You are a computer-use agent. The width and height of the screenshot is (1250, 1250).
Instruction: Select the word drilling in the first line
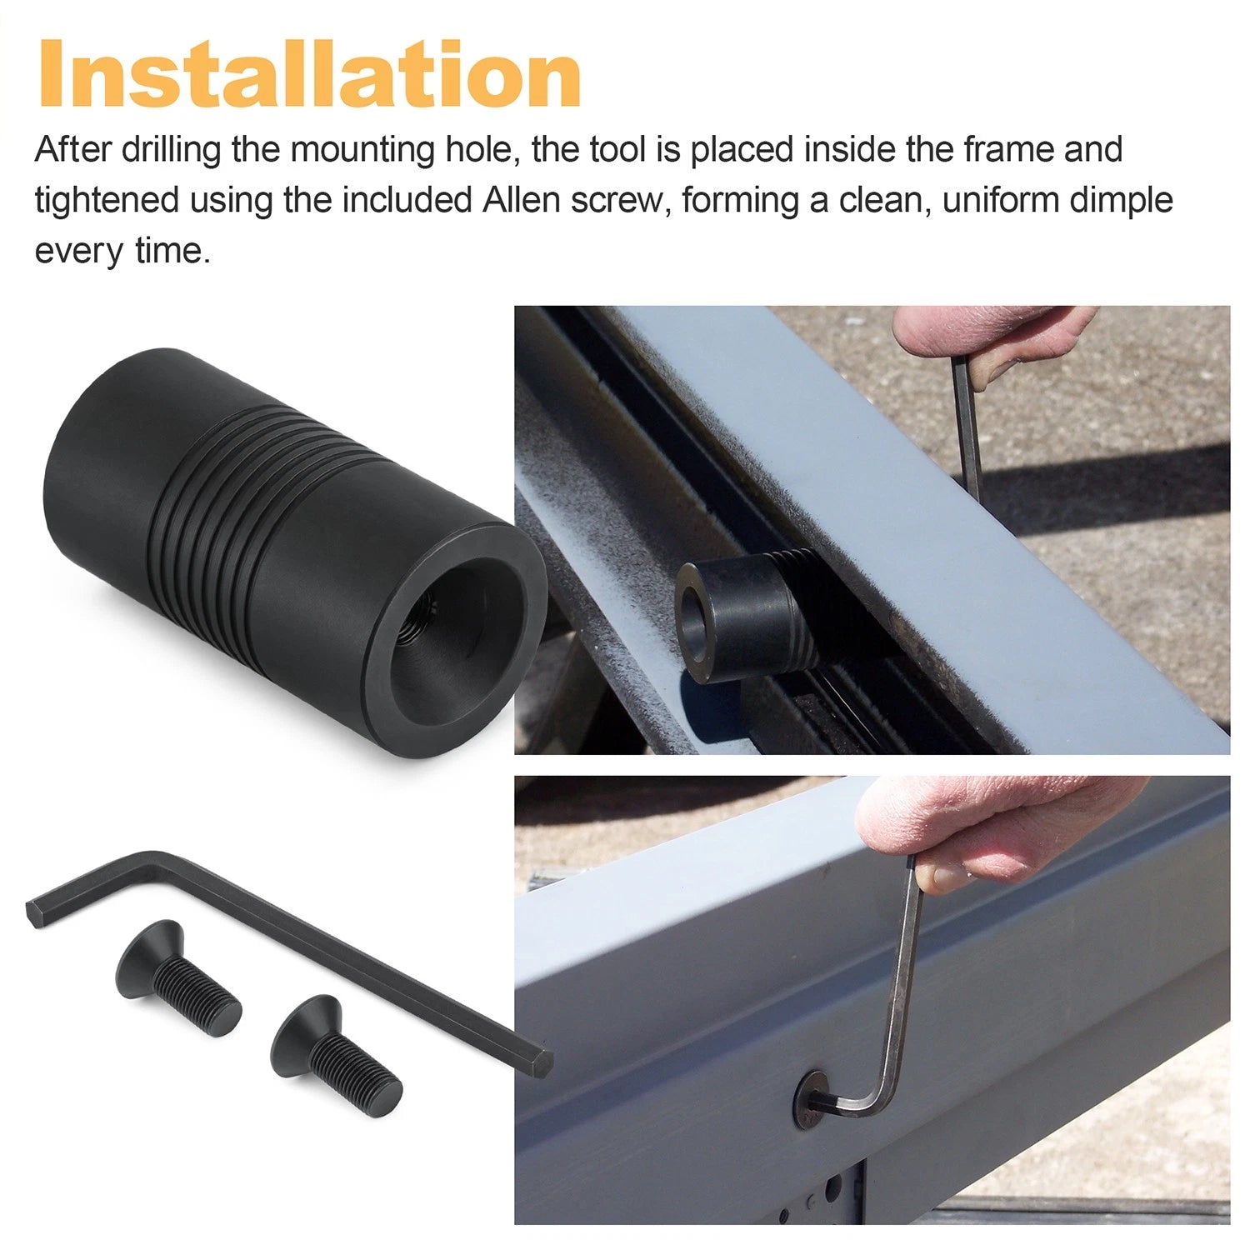172,151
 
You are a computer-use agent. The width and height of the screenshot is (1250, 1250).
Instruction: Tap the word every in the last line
78,252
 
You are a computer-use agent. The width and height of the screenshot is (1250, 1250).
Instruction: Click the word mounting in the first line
362,151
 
